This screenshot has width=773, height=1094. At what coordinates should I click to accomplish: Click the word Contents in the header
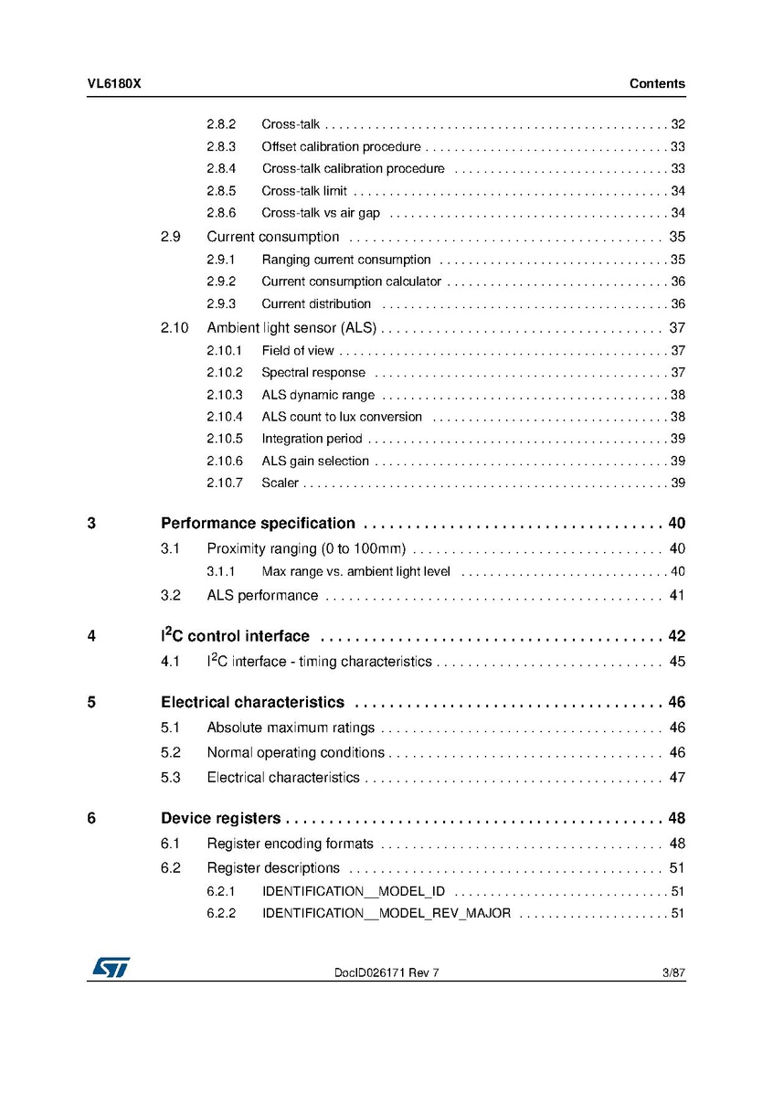click(656, 84)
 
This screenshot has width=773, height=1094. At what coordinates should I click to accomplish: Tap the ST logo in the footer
click(110, 967)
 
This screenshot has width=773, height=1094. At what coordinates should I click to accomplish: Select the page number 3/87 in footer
click(673, 973)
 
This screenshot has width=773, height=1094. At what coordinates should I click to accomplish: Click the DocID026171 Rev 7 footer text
click(386, 973)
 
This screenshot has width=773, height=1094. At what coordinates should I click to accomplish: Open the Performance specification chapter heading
click(258, 524)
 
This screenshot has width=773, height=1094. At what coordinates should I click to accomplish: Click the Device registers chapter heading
click(220, 818)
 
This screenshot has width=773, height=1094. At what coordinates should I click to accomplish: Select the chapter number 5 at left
click(91, 703)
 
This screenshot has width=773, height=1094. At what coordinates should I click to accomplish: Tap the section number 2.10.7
click(225, 483)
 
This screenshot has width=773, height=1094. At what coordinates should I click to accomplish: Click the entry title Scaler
click(280, 483)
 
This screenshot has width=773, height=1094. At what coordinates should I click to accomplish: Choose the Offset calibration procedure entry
click(341, 147)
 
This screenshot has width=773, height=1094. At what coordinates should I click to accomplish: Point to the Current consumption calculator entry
click(351, 282)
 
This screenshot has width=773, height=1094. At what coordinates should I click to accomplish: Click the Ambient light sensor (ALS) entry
click(291, 328)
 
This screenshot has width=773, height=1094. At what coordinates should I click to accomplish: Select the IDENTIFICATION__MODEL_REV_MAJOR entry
click(386, 913)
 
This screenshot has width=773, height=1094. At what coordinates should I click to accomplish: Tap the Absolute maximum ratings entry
click(291, 728)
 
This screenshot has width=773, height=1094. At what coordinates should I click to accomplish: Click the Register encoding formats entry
click(290, 844)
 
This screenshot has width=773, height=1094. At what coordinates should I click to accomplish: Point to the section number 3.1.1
click(221, 572)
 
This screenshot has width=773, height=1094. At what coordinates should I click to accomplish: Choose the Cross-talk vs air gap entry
click(320, 214)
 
